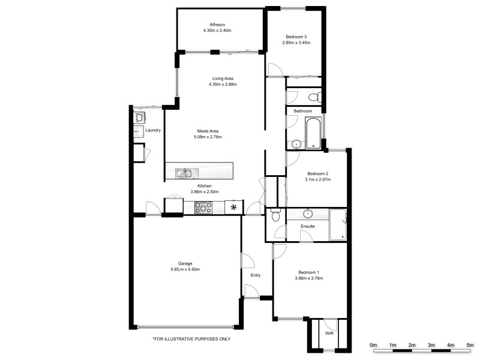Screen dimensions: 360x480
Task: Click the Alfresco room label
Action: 217,24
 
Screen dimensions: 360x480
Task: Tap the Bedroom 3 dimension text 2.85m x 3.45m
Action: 296,43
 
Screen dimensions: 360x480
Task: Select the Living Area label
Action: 223,78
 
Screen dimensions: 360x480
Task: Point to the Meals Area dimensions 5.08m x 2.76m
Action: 208,137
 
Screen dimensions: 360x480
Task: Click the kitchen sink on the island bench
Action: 184,173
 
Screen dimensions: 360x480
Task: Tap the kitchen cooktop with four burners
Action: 203,208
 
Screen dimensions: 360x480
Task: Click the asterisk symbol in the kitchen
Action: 233,208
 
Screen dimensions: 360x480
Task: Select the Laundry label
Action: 153,130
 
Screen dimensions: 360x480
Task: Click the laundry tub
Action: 139,117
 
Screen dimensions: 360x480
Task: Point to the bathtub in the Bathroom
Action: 313,133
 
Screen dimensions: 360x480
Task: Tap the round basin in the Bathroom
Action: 295,144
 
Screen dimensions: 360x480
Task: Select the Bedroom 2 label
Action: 316,173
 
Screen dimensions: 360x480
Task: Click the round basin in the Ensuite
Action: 308,213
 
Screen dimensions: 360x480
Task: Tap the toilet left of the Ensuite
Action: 275,215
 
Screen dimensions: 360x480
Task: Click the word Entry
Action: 256,275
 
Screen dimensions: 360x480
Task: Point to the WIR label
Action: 329,333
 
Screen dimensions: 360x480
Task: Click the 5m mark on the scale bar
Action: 470,344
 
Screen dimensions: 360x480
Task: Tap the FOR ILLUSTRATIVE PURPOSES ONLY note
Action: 191,339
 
